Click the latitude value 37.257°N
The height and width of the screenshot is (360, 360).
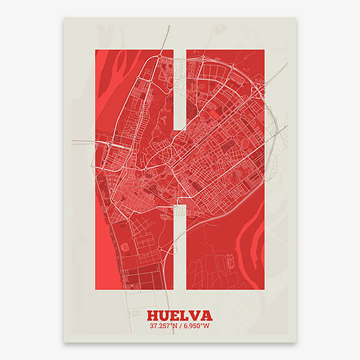coord(164,326)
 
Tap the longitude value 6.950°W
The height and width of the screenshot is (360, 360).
coord(196,326)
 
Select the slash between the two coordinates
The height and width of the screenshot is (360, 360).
coord(181,326)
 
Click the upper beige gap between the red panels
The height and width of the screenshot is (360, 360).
coord(179,90)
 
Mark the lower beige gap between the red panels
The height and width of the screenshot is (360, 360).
coord(179,246)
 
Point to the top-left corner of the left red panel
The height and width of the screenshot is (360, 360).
coord(95,50)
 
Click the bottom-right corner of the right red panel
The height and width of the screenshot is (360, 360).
coord(264,290)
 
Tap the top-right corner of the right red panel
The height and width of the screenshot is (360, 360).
coord(264,50)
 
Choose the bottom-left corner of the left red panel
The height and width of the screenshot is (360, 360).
coord(95,290)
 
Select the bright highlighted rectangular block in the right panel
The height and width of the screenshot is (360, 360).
coord(214,112)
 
